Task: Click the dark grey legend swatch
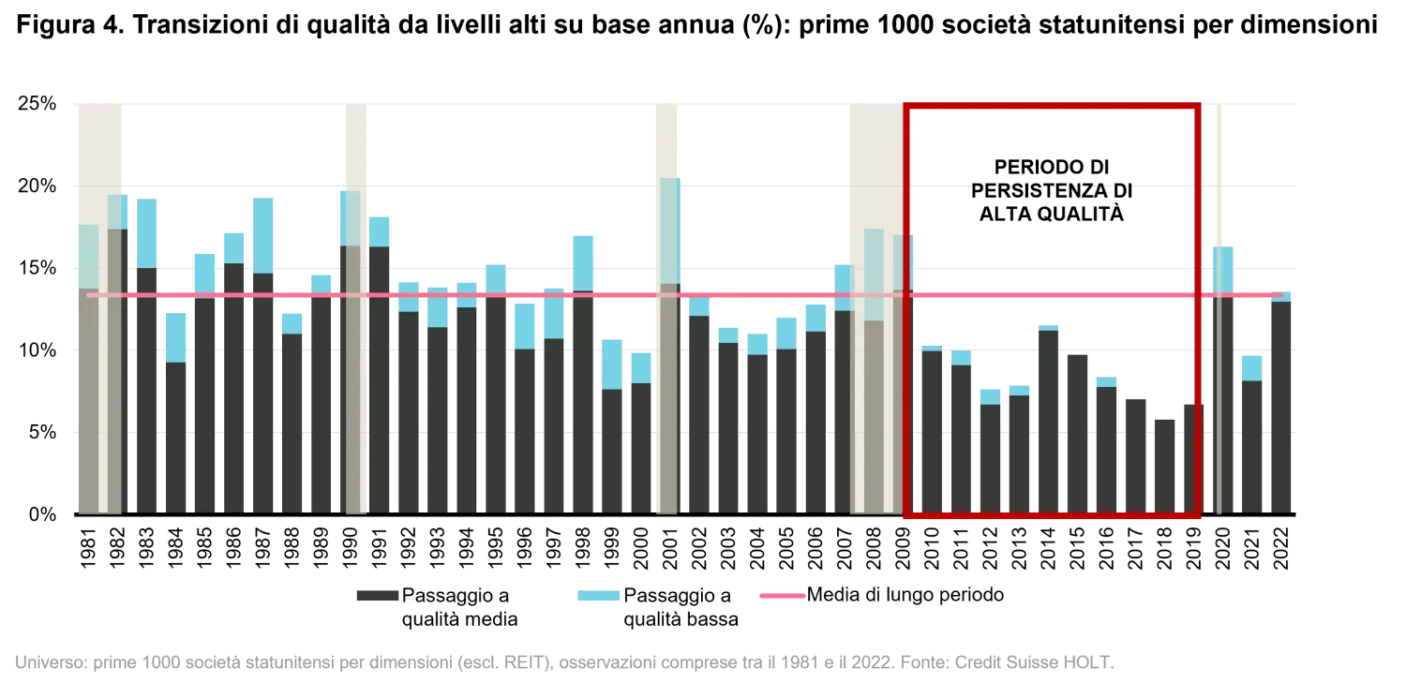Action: pyautogui.click(x=375, y=596)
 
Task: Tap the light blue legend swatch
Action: pyautogui.click(x=599, y=596)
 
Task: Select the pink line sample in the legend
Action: pyautogui.click(x=780, y=595)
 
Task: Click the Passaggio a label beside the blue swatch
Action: pyautogui.click(x=677, y=596)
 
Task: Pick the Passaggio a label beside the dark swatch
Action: pyautogui.click(x=456, y=596)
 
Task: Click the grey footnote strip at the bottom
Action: pyautogui.click(x=562, y=663)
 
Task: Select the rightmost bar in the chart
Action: pyautogui.click(x=1282, y=403)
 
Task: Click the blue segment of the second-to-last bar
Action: pyautogui.click(x=1251, y=366)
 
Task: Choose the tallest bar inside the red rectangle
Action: pyautogui.click(x=1049, y=422)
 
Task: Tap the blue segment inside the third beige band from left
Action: pyautogui.click(x=669, y=230)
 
